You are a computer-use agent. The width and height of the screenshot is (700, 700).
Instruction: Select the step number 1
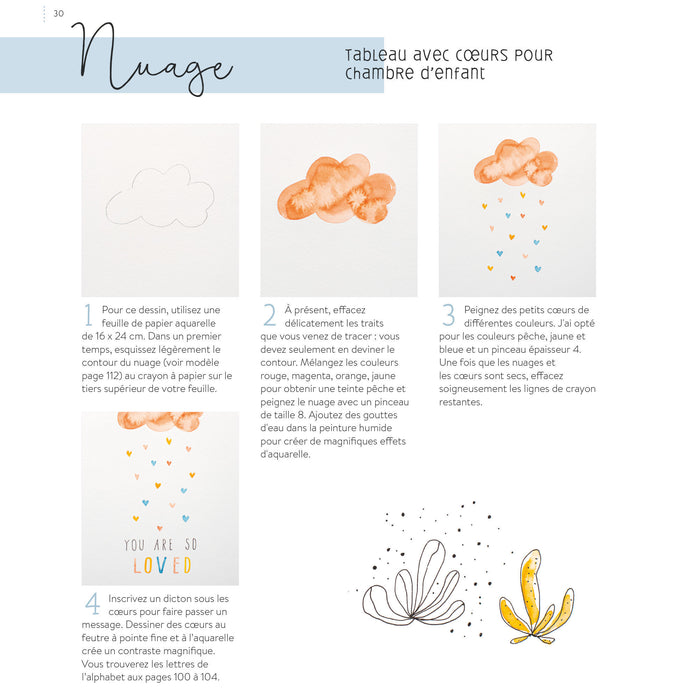click(x=88, y=315)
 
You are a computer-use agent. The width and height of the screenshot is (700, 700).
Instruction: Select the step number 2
click(x=269, y=315)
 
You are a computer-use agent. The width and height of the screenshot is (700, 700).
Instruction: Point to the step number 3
click(x=448, y=315)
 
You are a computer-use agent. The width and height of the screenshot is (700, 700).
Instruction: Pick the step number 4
click(x=91, y=603)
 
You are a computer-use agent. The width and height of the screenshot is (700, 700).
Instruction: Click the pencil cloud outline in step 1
click(x=160, y=196)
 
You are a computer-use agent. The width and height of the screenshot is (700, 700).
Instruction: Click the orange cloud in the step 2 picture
click(x=337, y=188)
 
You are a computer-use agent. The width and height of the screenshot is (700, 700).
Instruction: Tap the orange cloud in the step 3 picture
click(x=515, y=162)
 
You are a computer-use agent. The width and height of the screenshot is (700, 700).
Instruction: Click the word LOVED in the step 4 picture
click(x=161, y=566)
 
